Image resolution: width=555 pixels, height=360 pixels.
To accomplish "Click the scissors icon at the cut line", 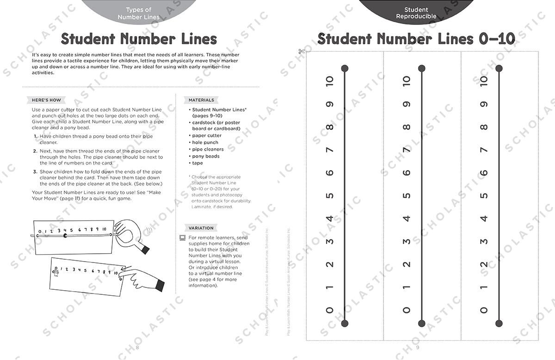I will click(x=302, y=51).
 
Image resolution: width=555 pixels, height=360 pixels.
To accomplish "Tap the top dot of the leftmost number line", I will click(x=345, y=69).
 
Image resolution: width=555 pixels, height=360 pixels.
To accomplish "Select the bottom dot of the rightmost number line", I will click(x=499, y=323).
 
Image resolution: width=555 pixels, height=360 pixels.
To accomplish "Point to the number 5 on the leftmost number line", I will click(x=329, y=195).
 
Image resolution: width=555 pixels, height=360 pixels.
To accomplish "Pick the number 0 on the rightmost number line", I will click(x=484, y=310).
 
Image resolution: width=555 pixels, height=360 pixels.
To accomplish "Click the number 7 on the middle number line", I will click(x=406, y=150).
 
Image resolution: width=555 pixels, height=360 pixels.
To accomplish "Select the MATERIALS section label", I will click(x=201, y=100).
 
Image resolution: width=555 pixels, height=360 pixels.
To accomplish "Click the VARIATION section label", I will click(x=201, y=228).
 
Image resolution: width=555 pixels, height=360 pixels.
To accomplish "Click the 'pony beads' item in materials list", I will click(x=206, y=156).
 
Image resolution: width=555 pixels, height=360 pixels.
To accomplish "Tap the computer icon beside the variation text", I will click(x=183, y=238).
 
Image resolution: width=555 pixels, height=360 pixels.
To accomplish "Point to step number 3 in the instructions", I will click(x=35, y=171).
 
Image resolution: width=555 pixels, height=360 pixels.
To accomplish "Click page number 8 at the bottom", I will click(x=137, y=347).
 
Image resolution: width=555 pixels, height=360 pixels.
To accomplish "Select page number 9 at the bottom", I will click(x=417, y=347).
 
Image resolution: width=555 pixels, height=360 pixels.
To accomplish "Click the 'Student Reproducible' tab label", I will click(x=416, y=13).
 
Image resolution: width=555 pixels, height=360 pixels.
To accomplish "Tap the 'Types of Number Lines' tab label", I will click(x=138, y=13).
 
